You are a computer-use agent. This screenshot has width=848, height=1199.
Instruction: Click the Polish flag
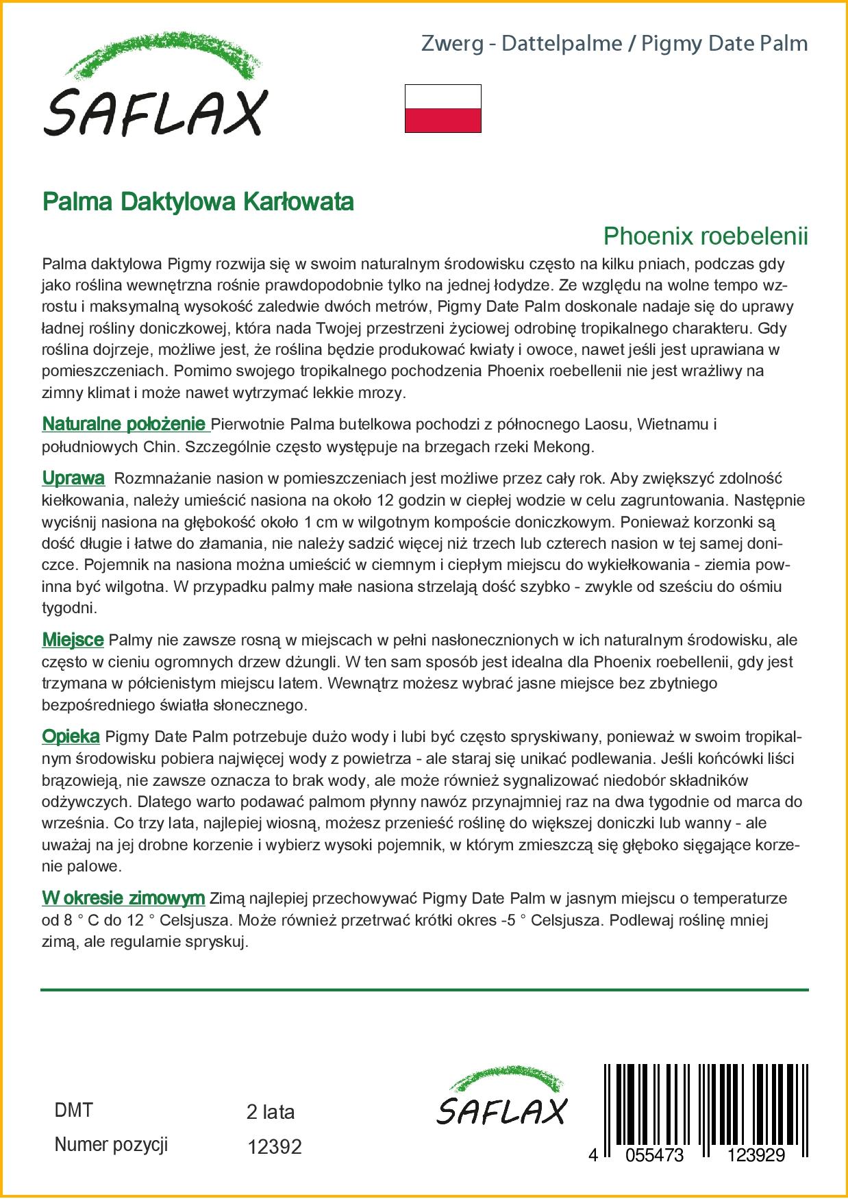(x=442, y=108)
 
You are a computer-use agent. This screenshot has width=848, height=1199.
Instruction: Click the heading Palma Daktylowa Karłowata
(x=198, y=202)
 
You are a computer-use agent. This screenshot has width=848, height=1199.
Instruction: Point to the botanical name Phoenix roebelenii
(x=705, y=236)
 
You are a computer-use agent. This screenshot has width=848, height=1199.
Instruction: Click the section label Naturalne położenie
(x=124, y=424)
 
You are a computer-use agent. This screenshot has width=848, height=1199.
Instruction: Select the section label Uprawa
(x=73, y=478)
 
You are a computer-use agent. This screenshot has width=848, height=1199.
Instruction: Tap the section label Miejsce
(x=73, y=640)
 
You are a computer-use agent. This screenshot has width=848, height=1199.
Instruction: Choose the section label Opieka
(x=71, y=737)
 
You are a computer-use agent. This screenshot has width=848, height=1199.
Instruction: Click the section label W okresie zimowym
(x=123, y=898)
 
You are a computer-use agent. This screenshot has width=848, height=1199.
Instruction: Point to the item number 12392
(x=274, y=1147)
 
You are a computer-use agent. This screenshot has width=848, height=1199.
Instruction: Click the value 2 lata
(x=270, y=1112)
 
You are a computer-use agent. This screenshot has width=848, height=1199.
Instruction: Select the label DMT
(x=73, y=1111)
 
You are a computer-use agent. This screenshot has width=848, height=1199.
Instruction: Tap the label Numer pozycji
(x=111, y=1145)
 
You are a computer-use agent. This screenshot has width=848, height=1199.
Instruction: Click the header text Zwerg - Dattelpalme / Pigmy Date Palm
(x=614, y=44)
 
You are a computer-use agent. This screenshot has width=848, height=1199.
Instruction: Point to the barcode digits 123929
(x=756, y=1155)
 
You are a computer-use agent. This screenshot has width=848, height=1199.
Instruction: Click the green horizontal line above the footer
(x=424, y=990)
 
